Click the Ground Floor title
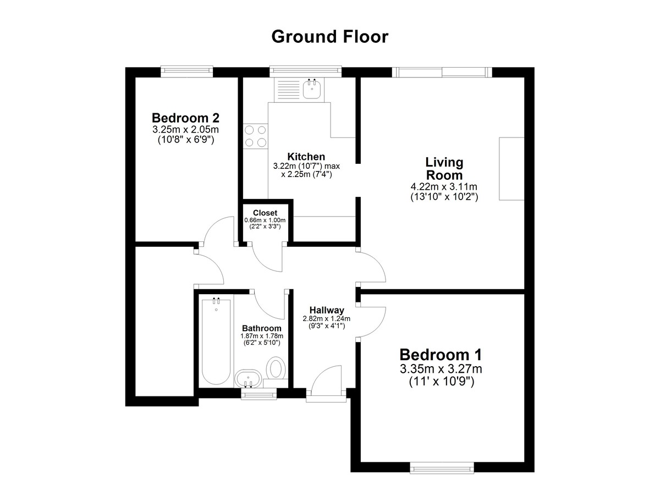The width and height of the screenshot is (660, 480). pos(329,37)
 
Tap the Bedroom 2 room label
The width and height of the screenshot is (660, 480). pos(186,118)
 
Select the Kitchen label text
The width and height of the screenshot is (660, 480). pos(306,156)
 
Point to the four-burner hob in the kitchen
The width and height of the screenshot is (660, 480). pos(255,136)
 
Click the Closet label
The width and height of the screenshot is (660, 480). pos(265,213)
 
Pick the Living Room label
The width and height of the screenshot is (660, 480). pos(444,169)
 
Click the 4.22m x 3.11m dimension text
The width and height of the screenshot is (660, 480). pos(444,187)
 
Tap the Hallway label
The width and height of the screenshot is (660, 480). pos(327,310)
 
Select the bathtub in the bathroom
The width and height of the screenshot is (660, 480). pos(216,341)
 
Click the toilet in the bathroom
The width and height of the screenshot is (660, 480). pos(276,367)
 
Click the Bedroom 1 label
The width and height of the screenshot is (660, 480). pos(441,355)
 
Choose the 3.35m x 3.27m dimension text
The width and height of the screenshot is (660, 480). pos(441,369)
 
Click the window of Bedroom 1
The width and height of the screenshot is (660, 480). pos(442,468)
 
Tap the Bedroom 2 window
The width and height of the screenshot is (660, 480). pos(187,71)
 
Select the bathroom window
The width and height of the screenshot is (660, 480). pos(259,394)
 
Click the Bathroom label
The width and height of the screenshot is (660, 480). pos(262,328)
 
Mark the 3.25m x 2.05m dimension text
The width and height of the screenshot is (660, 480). pos(186,129)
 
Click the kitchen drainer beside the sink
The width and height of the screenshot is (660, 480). pos(288,90)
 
